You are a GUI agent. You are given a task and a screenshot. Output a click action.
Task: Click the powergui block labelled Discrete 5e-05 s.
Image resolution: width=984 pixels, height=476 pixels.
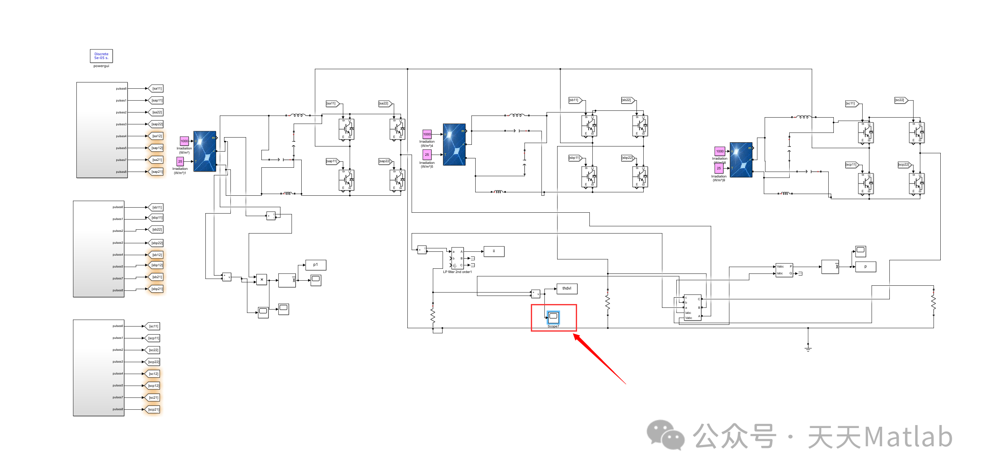point(101,56)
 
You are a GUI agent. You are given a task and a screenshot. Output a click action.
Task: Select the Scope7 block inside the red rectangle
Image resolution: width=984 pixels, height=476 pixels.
point(553,317)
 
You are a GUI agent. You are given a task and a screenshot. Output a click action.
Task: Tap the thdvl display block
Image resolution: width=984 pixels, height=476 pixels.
point(567,289)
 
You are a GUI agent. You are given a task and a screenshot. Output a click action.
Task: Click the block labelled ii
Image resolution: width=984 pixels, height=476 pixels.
point(494,251)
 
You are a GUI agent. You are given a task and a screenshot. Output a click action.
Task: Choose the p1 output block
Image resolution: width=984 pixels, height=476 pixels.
point(316,265)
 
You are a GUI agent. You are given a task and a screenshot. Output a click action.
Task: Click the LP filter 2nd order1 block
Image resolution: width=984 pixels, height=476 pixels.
point(457,258)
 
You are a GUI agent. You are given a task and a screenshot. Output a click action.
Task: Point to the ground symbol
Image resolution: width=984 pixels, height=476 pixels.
point(808,348)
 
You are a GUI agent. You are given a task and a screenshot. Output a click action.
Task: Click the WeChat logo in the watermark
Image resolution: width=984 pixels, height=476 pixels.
point(665,435)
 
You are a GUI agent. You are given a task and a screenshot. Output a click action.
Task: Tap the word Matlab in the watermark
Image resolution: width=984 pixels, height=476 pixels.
point(908,437)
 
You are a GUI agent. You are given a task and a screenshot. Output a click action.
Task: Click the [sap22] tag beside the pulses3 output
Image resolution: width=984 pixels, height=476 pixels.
point(157,124)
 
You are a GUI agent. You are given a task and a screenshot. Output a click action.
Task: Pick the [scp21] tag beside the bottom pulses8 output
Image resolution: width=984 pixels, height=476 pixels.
point(154,410)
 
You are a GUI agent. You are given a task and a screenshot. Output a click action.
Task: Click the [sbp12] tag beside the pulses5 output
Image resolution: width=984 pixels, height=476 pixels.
point(157,265)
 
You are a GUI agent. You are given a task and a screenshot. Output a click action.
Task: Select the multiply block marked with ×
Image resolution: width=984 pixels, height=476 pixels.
point(262,279)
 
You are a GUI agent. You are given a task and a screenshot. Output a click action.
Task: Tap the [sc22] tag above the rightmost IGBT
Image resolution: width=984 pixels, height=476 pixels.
point(900,100)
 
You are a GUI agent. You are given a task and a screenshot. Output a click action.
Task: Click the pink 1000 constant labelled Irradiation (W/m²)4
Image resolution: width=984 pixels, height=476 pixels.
point(427,134)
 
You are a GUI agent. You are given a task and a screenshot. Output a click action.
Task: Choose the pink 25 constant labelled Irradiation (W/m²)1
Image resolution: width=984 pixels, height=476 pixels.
point(180,161)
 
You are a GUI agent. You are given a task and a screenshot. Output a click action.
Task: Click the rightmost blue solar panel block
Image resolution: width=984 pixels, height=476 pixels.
point(741,160)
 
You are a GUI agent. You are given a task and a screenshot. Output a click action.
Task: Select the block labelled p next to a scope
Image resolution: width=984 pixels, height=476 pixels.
point(866,267)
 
